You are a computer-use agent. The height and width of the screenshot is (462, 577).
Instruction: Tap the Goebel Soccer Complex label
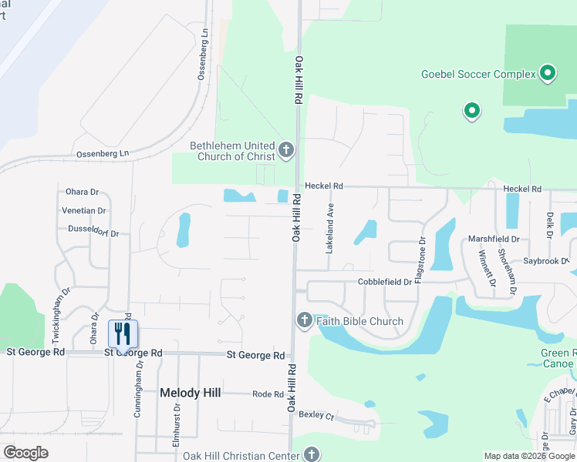click(477, 74)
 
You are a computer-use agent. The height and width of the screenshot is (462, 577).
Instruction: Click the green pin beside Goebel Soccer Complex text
click(548, 73)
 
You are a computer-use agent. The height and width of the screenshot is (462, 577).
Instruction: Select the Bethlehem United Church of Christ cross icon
click(286, 149)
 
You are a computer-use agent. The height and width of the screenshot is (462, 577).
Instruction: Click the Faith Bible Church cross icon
click(304, 320)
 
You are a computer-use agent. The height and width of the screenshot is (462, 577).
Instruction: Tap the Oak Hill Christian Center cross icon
click(311, 454)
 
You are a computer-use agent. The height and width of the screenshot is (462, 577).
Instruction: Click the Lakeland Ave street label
click(329, 229)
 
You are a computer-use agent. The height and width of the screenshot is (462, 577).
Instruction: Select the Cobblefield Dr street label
click(384, 282)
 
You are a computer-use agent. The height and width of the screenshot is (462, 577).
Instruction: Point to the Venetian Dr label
click(85, 210)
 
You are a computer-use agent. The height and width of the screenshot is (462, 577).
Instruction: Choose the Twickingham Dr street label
click(56, 315)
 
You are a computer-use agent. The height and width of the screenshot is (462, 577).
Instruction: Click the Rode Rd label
click(268, 394)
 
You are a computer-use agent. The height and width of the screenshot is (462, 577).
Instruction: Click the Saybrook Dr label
click(545, 262)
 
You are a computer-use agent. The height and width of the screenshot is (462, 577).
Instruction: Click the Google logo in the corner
click(25, 453)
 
